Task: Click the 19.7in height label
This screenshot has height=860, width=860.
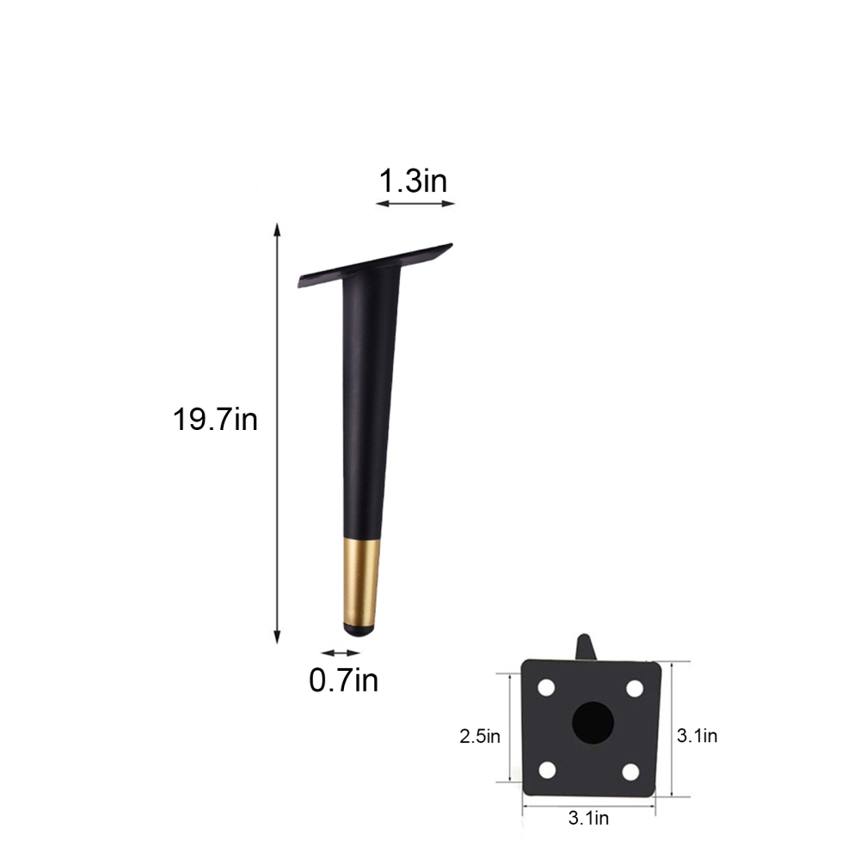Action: (x=215, y=420)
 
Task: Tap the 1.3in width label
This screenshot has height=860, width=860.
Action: (x=414, y=181)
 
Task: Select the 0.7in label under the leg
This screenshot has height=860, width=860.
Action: (x=343, y=680)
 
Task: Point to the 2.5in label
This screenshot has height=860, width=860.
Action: (x=480, y=735)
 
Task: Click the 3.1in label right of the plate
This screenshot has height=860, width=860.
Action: (x=697, y=735)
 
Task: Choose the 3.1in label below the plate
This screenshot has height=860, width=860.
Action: (x=588, y=818)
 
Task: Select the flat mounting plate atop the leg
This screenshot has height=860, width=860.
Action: (x=376, y=265)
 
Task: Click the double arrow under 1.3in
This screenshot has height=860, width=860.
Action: (x=415, y=204)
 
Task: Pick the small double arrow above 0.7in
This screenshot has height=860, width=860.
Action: (x=341, y=654)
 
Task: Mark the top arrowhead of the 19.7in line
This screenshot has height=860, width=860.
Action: (x=277, y=230)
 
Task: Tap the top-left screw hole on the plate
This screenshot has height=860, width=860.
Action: (x=545, y=689)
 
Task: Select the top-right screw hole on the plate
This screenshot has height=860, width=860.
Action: (x=635, y=689)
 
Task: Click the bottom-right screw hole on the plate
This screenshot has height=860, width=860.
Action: (x=631, y=771)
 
